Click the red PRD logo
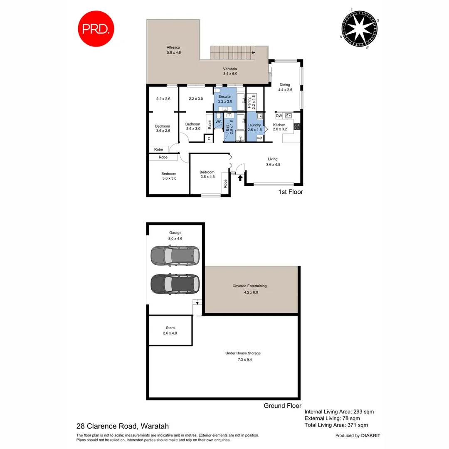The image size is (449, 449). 96,29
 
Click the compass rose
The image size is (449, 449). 360,28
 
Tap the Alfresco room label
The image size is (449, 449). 173,48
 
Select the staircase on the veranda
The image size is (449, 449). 233,53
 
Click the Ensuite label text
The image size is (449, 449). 224,96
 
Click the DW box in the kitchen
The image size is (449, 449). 279,116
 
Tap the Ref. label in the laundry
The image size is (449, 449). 259,138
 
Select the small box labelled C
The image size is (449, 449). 209,138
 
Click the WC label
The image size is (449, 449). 219,122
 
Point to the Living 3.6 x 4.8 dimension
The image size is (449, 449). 273,165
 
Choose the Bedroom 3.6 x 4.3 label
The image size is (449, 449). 207,172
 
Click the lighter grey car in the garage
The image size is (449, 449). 175,256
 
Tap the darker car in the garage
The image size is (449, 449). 175,284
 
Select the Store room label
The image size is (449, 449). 170,328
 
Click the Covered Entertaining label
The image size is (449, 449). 249,286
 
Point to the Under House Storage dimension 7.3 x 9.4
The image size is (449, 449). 243,359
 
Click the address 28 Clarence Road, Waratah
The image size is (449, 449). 123,426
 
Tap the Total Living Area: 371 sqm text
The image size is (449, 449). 336,425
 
